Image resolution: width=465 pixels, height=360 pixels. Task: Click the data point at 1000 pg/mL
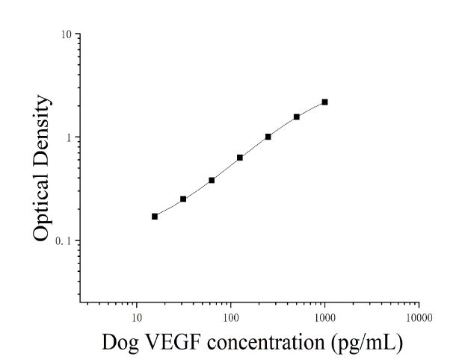coord(324,102)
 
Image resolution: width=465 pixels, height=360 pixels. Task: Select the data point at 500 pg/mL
coord(297,117)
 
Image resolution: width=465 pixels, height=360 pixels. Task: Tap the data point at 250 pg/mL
coord(268,137)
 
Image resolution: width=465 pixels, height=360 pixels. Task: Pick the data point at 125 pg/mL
coord(240,158)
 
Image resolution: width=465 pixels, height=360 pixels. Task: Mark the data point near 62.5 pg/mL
coord(212,180)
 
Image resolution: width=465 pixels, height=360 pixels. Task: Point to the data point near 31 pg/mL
coord(183,199)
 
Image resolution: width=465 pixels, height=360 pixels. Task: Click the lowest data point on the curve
coord(155,217)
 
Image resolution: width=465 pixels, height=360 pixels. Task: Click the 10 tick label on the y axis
coord(67,34)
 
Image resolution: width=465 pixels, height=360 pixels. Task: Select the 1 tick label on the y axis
coord(70,137)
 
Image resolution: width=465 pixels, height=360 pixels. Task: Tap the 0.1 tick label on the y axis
coord(64,241)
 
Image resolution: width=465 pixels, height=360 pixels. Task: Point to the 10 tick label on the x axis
coord(136,318)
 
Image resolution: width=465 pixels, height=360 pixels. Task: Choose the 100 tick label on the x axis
coord(230,318)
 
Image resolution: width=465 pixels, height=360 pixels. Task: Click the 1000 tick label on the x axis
coord(324,318)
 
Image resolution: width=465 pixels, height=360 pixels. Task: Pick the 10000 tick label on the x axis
coord(419,318)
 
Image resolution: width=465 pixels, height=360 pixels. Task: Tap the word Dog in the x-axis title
coord(120,343)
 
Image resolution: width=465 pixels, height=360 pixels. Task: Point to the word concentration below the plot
coord(265,343)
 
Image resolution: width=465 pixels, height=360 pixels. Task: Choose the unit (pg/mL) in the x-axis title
coord(367,343)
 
